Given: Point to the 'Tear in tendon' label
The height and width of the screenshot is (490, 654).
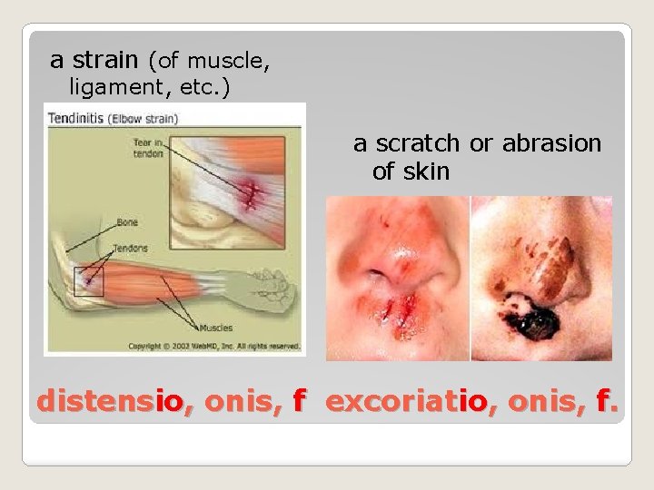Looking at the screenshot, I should pos(146,147).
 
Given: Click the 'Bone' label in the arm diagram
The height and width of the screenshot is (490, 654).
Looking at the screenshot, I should pos(127,221).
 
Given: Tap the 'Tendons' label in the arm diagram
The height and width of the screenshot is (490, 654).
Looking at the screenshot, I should pos(132,248).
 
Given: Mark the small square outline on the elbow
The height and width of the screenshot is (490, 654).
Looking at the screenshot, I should pos(90,281).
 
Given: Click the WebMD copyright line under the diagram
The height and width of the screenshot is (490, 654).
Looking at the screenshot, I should pos(213,346).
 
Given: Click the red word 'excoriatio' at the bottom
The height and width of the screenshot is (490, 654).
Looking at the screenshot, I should pos(408,400).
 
